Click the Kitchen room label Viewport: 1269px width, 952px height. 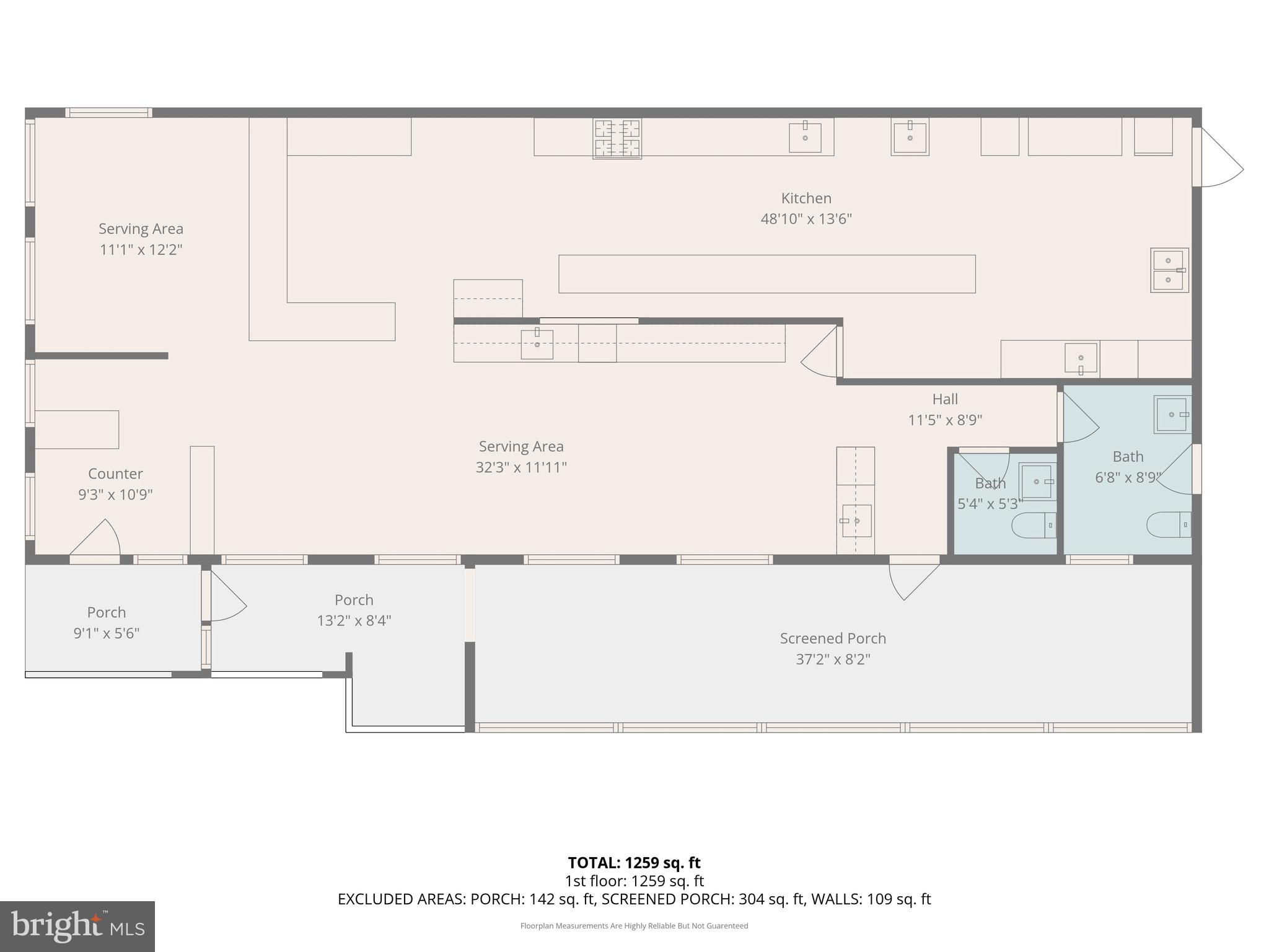click(x=806, y=198)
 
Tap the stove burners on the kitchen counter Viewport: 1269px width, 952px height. click(x=617, y=138)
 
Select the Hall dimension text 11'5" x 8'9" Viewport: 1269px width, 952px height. click(x=945, y=420)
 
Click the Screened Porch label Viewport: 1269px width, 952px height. click(x=833, y=638)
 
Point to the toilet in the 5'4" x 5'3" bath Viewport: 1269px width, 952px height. click(x=1034, y=526)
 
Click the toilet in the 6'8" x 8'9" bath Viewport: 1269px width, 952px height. click(x=1169, y=524)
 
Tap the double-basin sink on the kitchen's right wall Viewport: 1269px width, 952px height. click(x=1169, y=270)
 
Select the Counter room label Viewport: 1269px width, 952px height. click(x=115, y=474)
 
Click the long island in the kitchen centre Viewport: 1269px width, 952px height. click(x=767, y=274)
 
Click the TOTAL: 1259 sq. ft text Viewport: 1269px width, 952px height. click(x=634, y=863)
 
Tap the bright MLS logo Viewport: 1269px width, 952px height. click(x=77, y=926)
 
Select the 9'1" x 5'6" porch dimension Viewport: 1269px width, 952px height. click(x=107, y=633)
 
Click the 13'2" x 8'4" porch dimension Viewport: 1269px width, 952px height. click(x=354, y=621)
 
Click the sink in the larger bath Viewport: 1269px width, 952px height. click(x=1171, y=415)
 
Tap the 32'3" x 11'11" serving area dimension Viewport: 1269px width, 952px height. click(x=521, y=468)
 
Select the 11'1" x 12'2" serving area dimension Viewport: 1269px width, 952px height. click(x=141, y=250)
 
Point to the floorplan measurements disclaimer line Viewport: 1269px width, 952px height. click(x=634, y=926)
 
